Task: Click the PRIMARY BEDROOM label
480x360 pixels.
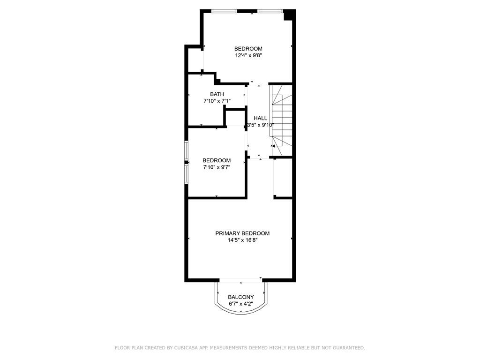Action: click(242, 233)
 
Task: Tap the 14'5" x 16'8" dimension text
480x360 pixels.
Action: click(242, 240)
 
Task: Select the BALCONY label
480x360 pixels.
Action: click(241, 297)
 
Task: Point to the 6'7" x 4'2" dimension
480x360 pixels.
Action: click(241, 304)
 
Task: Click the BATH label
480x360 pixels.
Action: click(217, 94)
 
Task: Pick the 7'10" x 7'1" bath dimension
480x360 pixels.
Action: click(217, 101)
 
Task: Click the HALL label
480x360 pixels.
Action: click(260, 118)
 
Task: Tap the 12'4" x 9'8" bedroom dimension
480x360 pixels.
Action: click(248, 56)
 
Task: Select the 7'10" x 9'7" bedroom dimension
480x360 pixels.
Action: click(217, 167)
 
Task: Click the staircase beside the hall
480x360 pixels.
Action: click(281, 120)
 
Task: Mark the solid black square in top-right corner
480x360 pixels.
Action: click(289, 15)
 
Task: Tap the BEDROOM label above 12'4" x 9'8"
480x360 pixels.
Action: click(248, 49)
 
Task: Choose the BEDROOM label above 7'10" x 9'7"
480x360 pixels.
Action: click(217, 160)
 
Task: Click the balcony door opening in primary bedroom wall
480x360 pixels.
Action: click(241, 279)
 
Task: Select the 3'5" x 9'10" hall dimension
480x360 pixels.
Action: click(260, 125)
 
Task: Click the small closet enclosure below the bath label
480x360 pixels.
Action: click(235, 117)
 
